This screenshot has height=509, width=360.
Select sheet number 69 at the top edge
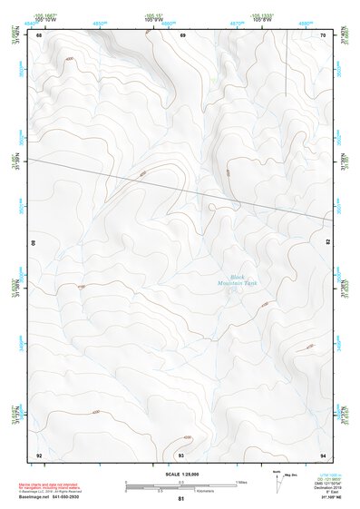(182, 34)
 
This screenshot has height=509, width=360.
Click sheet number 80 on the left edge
(34, 243)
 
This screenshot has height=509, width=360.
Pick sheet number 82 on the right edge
(327, 243)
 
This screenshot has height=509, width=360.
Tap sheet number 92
(39, 455)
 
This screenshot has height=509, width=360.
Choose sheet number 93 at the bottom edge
(181, 455)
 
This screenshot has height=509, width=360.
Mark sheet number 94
(323, 455)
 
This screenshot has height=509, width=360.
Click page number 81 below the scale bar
(181, 499)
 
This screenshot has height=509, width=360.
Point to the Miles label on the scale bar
(242, 482)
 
